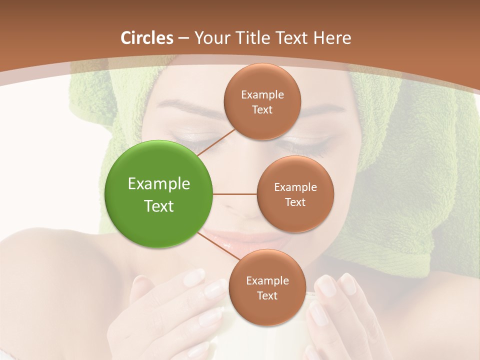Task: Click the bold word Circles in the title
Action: coord(146,38)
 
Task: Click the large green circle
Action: coord(159,194)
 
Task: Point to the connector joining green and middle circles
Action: coord(235,194)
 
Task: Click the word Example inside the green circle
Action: coord(159,184)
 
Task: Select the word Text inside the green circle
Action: coord(159,206)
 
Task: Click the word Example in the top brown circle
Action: coord(262,94)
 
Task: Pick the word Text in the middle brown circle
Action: coord(295,202)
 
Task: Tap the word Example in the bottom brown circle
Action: coord(267,280)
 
